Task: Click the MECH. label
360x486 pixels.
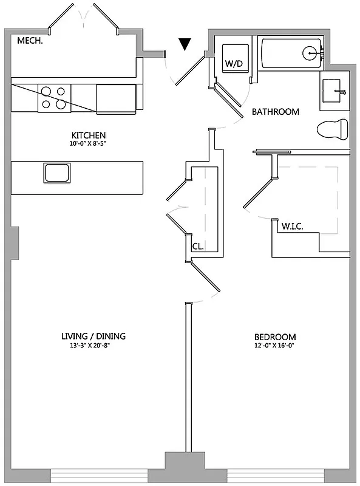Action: (x=29, y=41)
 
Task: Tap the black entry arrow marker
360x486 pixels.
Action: (x=185, y=44)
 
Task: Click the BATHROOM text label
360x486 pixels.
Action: (x=276, y=112)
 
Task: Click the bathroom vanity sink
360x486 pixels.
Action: (x=333, y=92)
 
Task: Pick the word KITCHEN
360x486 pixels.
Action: (x=89, y=135)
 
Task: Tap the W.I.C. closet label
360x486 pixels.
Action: (x=292, y=227)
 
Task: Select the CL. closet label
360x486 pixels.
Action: (x=197, y=247)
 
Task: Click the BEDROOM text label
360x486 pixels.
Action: (x=275, y=337)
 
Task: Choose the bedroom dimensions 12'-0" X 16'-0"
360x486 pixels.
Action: (x=275, y=346)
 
